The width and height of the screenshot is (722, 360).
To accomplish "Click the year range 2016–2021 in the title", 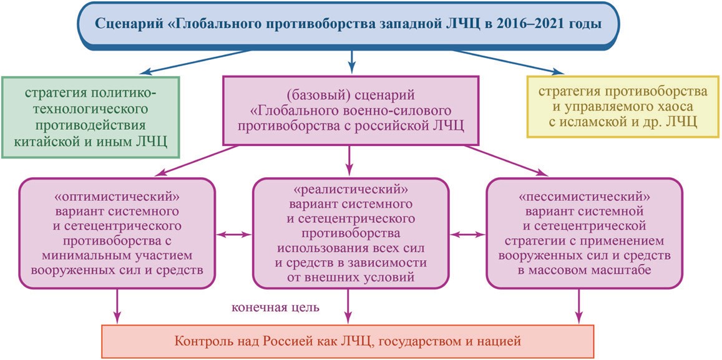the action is coord(539,24).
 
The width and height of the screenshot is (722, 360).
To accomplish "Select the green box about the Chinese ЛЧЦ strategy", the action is coord(90,117).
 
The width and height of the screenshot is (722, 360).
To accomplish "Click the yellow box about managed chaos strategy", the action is coord(623,106).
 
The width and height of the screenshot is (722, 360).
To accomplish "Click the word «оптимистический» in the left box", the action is coord(117,198).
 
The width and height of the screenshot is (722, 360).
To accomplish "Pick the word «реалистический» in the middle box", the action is coord(351,189).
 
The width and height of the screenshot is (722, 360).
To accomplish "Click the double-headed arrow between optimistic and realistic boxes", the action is coord(235,235).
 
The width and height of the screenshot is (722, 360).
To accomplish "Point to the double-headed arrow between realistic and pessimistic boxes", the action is coord(468,235).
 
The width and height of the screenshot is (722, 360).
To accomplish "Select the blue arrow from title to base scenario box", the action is coord(352,60).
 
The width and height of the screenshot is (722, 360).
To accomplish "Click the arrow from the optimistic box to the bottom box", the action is coord(117,306).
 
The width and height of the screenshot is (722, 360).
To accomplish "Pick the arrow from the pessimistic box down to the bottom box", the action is coord(577,306).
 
